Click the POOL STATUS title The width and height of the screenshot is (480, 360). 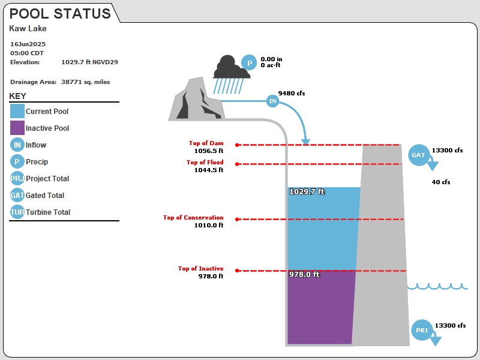click(x=60, y=14)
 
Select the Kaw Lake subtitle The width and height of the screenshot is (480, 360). click(x=28, y=28)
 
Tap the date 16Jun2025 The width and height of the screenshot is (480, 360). click(x=28, y=44)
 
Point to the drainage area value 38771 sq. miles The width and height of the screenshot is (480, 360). click(x=85, y=82)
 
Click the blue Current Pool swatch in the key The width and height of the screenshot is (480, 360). click(x=17, y=111)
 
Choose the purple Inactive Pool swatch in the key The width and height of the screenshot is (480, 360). click(x=17, y=128)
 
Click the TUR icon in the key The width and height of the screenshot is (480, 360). click(x=17, y=212)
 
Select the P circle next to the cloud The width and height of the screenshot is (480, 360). click(x=249, y=63)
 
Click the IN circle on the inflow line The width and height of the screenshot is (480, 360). click(x=272, y=101)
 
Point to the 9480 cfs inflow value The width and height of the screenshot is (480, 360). click(x=292, y=94)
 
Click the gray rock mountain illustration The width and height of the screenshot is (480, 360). click(x=197, y=99)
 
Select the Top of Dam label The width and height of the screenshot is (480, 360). click(x=206, y=143)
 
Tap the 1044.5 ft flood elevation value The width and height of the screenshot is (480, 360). click(x=209, y=170)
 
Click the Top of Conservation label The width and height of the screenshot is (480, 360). click(x=193, y=217)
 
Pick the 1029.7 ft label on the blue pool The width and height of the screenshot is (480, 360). click(x=307, y=191)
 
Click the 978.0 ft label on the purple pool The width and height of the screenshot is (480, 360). click(x=305, y=274)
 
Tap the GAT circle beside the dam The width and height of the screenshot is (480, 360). click(x=418, y=155)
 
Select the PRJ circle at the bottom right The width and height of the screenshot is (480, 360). click(x=422, y=330)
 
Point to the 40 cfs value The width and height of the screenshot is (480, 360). click(x=441, y=182)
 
